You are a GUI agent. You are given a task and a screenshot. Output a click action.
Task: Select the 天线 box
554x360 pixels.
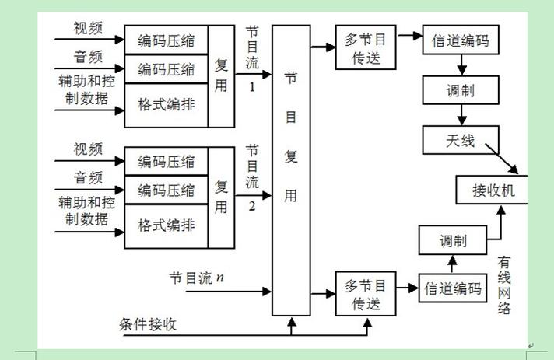tap(461, 141)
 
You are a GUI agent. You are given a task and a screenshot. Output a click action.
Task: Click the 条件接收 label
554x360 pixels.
tap(148, 323)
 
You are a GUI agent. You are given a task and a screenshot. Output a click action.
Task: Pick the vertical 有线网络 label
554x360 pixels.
tap(504, 285)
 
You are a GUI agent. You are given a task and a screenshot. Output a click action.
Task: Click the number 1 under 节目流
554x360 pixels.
tap(252, 87)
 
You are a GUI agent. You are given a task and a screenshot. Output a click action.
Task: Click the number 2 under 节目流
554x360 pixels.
tap(252, 207)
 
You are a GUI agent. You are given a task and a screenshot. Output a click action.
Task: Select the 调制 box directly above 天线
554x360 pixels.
tap(461, 90)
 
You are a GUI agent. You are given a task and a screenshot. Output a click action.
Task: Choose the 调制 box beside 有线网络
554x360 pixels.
tap(453, 240)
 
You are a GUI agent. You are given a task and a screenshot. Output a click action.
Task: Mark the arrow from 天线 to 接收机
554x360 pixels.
tap(507, 159)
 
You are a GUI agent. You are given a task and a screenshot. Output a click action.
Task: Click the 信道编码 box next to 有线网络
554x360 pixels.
tap(453, 288)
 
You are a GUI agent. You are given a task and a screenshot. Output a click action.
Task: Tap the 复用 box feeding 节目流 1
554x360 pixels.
tap(222, 75)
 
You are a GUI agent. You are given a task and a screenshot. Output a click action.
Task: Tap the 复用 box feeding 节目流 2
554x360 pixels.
tap(222, 197)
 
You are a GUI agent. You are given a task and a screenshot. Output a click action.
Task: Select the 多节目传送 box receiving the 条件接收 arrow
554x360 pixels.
tap(365, 293)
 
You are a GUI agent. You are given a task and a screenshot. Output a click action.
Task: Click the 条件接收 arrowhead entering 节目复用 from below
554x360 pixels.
tap(291, 321)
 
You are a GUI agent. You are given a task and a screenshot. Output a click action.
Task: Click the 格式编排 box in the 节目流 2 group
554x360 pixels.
tap(167, 225)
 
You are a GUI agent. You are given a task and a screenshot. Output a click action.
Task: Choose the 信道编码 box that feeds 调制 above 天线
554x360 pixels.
tap(461, 41)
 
